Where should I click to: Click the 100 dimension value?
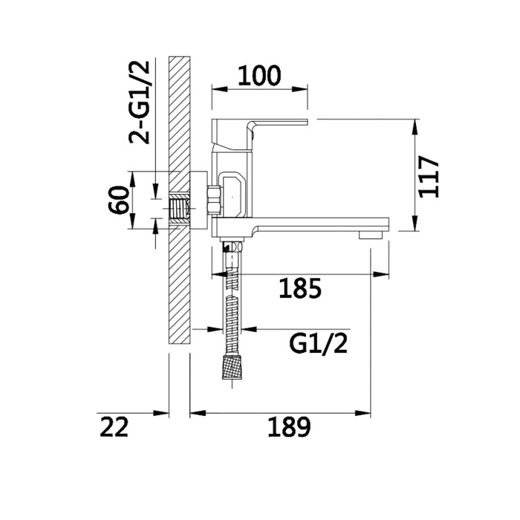tap(259, 75)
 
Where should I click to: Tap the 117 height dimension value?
tap(430, 177)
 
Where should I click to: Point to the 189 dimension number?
tap(288, 427)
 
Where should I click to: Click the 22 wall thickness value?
tap(114, 427)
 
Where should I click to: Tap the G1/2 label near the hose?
tap(318, 344)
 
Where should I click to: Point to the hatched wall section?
tap(179, 111)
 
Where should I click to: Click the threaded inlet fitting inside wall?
tap(180, 209)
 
